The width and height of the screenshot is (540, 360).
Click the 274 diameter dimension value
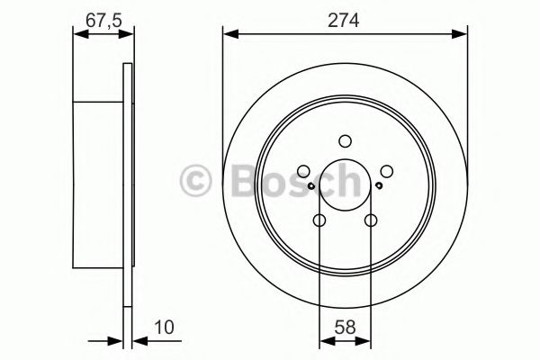click(345, 19)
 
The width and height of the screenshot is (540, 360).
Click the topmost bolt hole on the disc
click(345, 140)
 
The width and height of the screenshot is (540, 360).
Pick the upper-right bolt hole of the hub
click(386, 171)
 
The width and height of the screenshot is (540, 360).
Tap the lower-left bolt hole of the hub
click(319, 220)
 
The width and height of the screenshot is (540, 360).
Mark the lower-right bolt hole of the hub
click(370, 220)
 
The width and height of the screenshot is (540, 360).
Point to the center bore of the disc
click(345, 185)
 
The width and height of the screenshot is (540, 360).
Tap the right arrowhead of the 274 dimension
click(462, 35)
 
